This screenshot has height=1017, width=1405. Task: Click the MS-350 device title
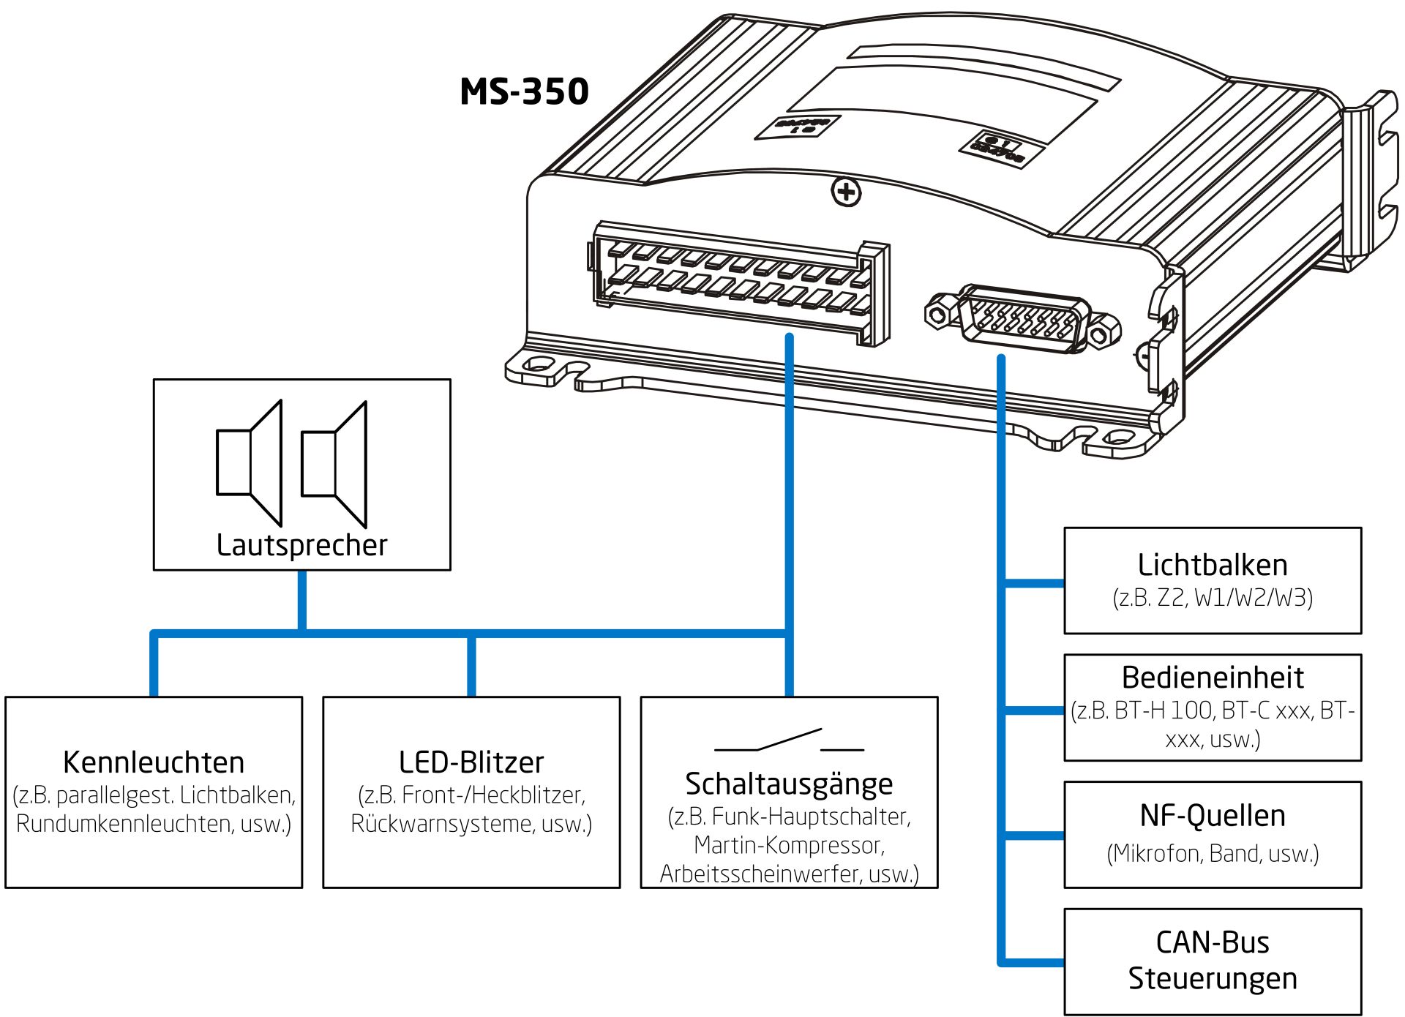(x=524, y=92)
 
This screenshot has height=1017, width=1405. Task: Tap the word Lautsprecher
(x=301, y=545)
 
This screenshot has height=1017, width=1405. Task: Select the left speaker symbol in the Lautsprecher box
(x=250, y=463)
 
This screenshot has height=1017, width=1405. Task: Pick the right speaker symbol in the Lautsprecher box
(x=334, y=464)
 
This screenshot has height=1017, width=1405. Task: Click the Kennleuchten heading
(x=154, y=762)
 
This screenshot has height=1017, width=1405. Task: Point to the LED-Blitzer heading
(x=471, y=762)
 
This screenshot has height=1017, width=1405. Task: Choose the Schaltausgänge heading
(x=789, y=784)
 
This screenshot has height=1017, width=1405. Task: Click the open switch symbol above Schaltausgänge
(x=789, y=740)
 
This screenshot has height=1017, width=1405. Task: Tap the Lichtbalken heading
(x=1213, y=565)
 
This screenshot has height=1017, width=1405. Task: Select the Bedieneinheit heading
(x=1213, y=678)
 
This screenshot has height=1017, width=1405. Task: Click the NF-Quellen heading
(x=1213, y=815)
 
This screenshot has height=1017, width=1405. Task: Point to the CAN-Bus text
(x=1213, y=942)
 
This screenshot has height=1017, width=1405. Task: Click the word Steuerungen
(x=1213, y=978)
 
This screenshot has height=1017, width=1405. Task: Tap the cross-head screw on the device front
(x=847, y=192)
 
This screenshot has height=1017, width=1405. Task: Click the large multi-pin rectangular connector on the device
(x=739, y=282)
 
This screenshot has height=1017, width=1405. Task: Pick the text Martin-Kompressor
(x=789, y=845)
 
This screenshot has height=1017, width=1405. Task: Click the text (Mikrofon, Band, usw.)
(x=1213, y=853)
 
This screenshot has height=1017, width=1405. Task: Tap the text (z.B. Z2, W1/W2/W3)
(x=1213, y=598)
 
